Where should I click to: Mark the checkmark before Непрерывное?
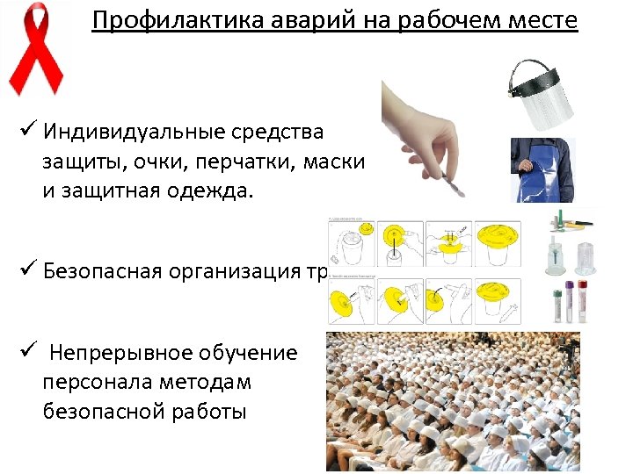coord(26,352)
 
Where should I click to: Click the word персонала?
coord(98,382)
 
